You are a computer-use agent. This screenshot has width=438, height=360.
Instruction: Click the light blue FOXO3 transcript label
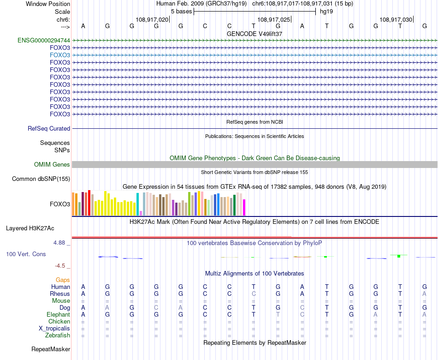coord(60,55)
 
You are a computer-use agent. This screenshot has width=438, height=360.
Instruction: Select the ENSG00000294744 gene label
coord(44,40)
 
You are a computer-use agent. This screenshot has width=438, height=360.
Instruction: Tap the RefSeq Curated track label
coord(49,129)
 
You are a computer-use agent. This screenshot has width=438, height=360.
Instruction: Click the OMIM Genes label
coord(52,164)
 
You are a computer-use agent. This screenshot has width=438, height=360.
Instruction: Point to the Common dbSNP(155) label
coord(41,179)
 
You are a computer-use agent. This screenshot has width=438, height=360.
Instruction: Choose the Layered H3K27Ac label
coord(30,228)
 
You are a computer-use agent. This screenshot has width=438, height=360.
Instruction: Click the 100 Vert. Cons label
coord(26,254)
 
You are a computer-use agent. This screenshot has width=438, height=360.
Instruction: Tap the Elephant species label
coord(58,315)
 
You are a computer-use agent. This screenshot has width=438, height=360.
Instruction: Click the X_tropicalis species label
coord(54,329)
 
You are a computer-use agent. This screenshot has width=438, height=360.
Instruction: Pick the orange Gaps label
coord(63,280)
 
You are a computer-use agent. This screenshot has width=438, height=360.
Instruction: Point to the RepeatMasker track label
coord(51,349)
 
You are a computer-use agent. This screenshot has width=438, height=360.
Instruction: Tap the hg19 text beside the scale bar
coord(326,12)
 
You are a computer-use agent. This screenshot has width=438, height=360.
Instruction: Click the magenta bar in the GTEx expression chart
coord(244,207)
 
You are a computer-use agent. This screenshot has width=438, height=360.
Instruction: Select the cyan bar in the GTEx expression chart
coord(138,204)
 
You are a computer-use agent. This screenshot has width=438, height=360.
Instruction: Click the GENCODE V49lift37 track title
coord(255,34)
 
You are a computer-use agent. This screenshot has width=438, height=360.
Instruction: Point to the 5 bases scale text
coord(181,12)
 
